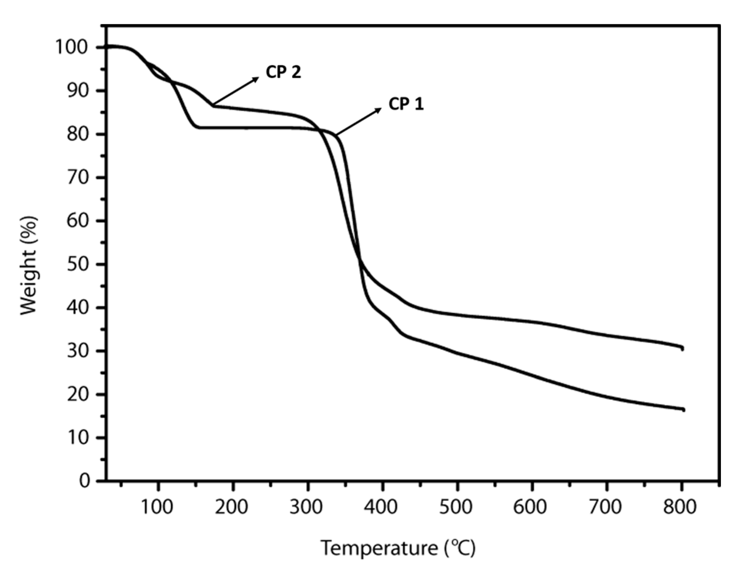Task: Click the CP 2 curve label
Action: point(283,72)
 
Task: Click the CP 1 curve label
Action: point(406,104)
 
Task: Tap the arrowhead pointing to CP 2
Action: point(257,78)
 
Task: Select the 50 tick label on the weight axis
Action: point(79,264)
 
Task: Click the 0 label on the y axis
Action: point(85,480)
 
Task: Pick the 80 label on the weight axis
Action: point(79,134)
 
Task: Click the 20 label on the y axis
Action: point(79,395)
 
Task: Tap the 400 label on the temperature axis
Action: point(381,507)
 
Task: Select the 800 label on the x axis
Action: point(680,507)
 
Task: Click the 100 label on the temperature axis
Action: point(157,507)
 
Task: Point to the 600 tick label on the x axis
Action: point(530,507)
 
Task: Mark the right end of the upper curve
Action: point(682,349)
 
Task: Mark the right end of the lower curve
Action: point(683,410)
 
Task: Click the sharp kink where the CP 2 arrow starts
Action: point(214,105)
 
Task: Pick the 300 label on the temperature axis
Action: point(306,507)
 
